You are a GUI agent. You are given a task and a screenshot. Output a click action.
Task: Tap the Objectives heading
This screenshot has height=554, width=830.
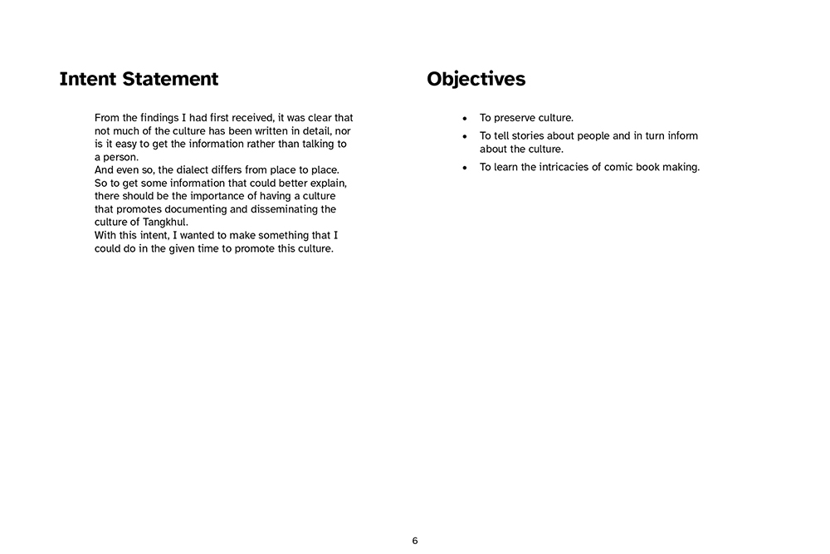[476, 79]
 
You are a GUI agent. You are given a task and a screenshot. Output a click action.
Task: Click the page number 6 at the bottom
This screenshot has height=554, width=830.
[415, 541]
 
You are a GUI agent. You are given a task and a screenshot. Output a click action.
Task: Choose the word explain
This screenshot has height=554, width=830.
[326, 183]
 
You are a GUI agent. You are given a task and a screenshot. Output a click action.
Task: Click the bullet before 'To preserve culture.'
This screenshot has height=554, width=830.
[465, 119]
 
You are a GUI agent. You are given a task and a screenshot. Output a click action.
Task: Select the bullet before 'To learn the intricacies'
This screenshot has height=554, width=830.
[465, 168]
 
